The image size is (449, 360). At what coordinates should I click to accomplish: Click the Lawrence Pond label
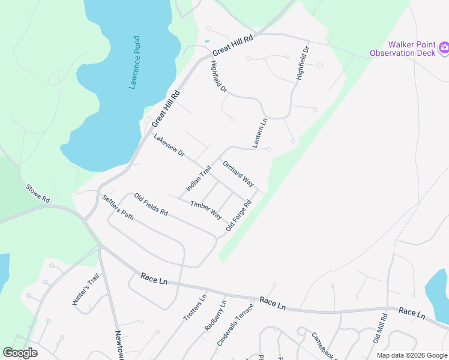pos(136,62)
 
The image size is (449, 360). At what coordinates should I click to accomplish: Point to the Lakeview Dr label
pos(169,146)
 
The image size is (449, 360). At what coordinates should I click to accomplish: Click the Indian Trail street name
pos(199,179)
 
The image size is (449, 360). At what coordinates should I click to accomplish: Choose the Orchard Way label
pos(238,173)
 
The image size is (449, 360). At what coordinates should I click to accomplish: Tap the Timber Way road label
pos(206,210)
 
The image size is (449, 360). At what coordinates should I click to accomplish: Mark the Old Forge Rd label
pos(238,216)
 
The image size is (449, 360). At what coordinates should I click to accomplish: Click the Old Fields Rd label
pos(151,205)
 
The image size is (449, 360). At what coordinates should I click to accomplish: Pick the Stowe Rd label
pos(37,194)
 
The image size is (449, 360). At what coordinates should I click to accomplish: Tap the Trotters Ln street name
pos(195,307)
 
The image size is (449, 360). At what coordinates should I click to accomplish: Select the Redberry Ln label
pos(215,316)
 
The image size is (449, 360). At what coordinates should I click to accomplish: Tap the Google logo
pos(20,353)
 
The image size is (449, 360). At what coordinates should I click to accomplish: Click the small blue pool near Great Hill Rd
pos(207,41)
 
